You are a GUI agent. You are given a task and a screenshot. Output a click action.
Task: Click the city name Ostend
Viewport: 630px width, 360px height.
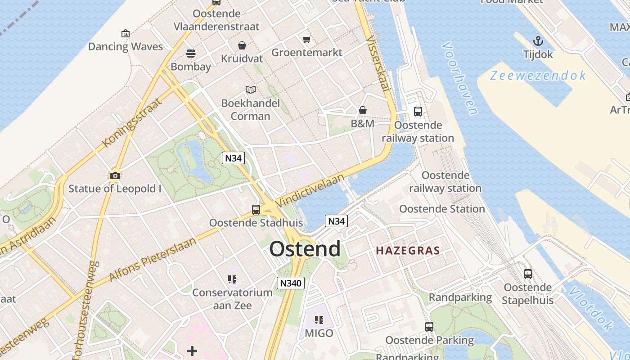[x=305, y=249]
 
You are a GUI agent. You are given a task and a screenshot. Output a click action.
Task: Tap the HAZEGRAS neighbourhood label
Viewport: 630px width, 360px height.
[x=408, y=250]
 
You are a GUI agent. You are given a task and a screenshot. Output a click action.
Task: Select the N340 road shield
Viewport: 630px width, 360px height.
[x=291, y=283]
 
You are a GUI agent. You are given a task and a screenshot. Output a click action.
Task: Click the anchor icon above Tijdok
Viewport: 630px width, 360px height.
[x=538, y=41]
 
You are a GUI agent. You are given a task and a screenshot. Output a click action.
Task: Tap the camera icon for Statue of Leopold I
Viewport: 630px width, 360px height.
[x=115, y=175]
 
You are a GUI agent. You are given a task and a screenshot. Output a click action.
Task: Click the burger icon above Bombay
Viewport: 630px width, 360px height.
[x=191, y=54]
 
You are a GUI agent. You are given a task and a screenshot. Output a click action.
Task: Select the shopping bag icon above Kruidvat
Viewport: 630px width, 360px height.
[x=242, y=45]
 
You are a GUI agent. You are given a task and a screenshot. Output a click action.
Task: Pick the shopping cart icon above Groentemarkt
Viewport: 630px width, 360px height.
[x=307, y=39]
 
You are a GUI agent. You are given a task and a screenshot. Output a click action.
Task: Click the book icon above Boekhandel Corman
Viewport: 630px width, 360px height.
[x=251, y=90]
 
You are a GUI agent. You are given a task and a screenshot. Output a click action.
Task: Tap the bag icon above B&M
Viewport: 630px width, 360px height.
[x=363, y=110]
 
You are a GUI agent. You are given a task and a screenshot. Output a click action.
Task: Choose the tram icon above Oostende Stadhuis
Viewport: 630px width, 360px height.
[x=256, y=209]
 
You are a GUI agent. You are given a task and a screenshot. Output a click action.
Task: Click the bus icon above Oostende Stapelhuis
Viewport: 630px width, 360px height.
[x=527, y=274]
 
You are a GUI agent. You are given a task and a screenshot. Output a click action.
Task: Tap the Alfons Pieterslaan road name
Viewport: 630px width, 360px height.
[x=153, y=259]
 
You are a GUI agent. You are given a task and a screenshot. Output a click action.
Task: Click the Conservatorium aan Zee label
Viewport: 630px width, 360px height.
[x=232, y=299]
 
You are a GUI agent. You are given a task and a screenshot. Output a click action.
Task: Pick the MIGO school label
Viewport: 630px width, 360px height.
[x=319, y=333]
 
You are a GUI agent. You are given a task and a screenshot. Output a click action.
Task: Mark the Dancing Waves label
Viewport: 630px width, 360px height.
[x=125, y=46]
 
